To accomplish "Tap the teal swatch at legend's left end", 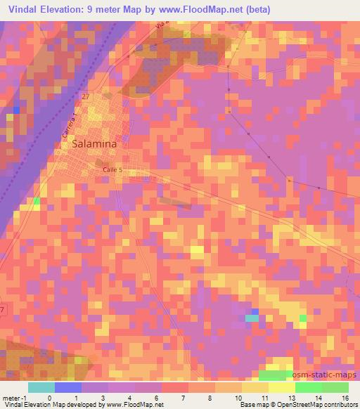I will (x=41, y=387).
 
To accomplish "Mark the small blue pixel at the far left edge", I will (x=15, y=109).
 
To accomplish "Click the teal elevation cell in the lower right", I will (x=252, y=318).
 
